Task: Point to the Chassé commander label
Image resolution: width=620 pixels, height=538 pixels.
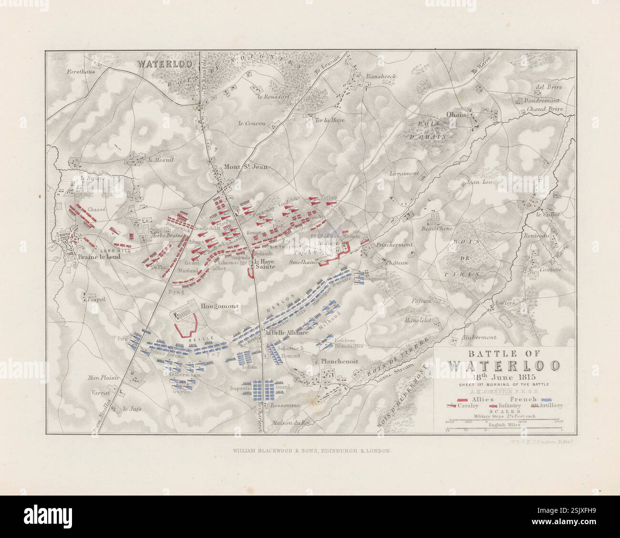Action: pos(96,210)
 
